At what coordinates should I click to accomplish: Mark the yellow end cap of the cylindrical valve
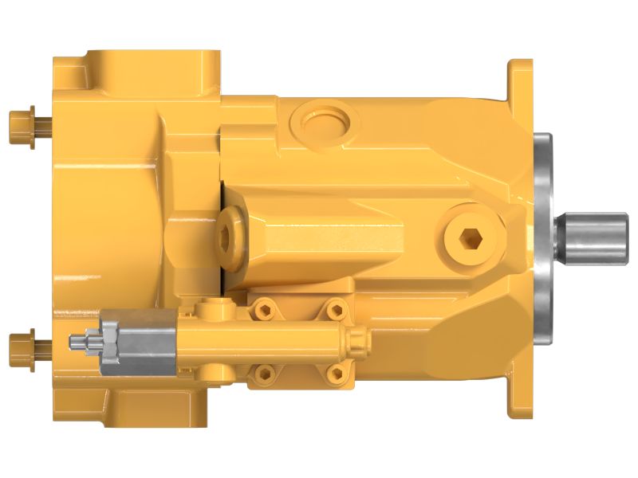356,343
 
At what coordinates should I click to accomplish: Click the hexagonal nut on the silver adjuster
108,343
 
